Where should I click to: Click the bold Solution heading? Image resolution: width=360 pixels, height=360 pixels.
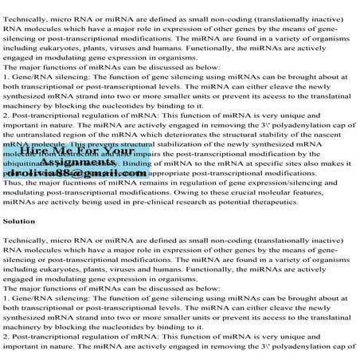click(18, 221)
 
